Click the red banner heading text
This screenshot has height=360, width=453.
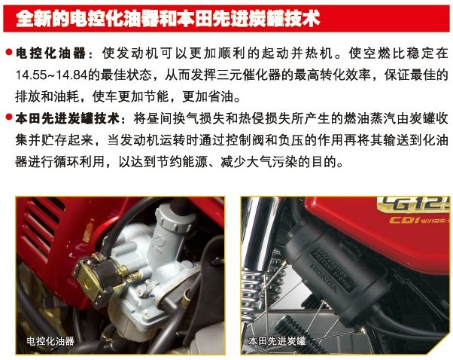click(x=168, y=19)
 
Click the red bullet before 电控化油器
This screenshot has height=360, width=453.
click(x=9, y=52)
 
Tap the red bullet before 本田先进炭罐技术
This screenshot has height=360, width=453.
click(x=9, y=117)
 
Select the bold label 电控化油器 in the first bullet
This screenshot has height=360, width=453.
click(x=50, y=53)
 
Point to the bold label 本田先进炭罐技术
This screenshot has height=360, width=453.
click(x=67, y=118)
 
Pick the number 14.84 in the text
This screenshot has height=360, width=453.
click(x=71, y=75)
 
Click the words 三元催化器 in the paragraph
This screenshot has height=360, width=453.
click(x=248, y=75)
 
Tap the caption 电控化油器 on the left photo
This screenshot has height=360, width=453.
click(x=50, y=341)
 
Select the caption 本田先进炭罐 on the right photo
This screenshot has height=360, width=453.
click(x=276, y=341)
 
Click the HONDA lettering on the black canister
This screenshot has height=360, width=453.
click(x=324, y=279)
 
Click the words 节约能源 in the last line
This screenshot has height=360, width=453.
click(x=182, y=162)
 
